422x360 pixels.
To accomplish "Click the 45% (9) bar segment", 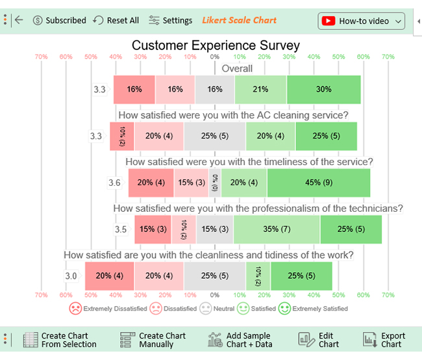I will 319,183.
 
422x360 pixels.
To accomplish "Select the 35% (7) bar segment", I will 277,229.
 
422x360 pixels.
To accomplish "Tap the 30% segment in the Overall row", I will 323,89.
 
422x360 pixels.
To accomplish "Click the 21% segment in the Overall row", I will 260,89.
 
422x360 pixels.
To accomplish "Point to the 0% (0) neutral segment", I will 215,183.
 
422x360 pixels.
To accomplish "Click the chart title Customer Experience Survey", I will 216,45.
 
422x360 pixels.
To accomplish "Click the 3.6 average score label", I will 114,183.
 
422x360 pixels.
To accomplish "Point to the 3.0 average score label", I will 71,276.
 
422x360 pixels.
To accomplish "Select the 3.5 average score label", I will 121,229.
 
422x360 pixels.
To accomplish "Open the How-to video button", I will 361,21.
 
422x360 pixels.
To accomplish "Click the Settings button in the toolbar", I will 170,21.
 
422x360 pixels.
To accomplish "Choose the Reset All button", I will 116,21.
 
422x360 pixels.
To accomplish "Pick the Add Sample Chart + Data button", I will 241,340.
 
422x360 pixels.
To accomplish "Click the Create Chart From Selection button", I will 60,340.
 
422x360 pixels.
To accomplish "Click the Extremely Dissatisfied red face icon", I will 75,309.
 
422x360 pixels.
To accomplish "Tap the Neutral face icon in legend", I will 206,309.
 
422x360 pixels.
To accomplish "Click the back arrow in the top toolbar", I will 19,20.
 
